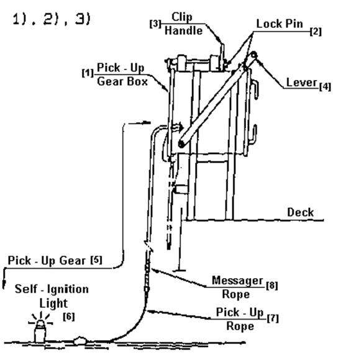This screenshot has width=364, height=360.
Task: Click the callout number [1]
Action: (x=88, y=73)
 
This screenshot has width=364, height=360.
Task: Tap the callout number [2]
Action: (x=316, y=31)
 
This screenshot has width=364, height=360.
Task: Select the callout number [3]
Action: (x=155, y=24)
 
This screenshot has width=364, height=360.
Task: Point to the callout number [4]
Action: (x=325, y=86)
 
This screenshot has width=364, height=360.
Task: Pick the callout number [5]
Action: (x=96, y=260)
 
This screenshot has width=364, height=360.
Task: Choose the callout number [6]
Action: (x=69, y=317)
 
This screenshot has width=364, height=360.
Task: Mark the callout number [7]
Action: (x=273, y=318)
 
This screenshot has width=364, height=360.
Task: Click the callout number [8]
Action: (x=272, y=286)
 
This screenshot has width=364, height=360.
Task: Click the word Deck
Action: (x=301, y=212)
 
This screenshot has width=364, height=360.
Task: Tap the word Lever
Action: (x=302, y=83)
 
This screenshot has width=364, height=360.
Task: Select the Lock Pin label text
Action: (x=280, y=24)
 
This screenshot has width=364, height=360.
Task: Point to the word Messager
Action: (x=238, y=281)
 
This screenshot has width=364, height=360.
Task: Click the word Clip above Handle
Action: (x=182, y=17)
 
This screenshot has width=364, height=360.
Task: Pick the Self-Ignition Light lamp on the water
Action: (x=40, y=329)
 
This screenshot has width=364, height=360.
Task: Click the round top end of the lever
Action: (x=253, y=55)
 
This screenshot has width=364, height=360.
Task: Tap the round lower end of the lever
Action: (x=181, y=144)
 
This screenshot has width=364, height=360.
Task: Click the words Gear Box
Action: (x=122, y=82)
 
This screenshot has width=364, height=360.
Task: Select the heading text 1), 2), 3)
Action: (x=52, y=19)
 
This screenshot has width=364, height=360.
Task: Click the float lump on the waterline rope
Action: (x=80, y=340)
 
